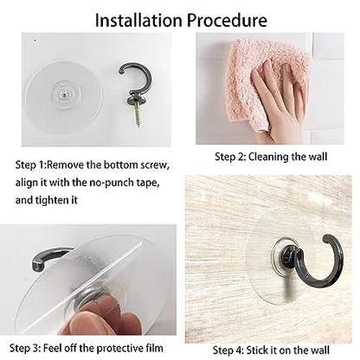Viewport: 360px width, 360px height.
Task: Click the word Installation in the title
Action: tap(138, 20)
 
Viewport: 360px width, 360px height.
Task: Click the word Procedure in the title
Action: tap(227, 21)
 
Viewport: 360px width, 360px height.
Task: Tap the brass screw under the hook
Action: tap(138, 116)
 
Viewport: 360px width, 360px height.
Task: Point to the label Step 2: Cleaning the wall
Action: tap(271, 157)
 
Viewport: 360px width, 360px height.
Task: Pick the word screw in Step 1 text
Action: tap(155, 165)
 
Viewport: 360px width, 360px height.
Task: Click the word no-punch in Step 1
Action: tap(115, 183)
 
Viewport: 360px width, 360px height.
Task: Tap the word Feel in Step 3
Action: tap(51, 348)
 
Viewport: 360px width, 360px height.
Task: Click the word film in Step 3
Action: tap(154, 348)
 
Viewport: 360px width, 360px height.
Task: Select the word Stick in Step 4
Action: tap(257, 350)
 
